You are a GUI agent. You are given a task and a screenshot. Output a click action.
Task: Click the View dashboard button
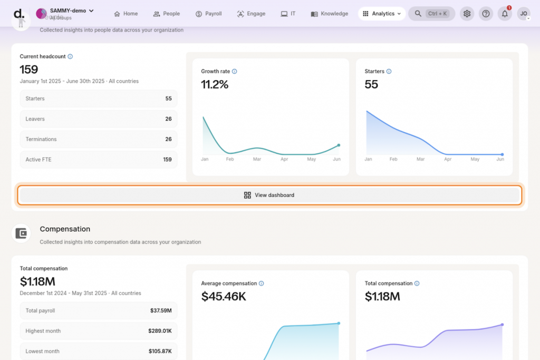coord(269,195)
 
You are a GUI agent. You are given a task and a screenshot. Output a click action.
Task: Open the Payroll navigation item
coord(208,14)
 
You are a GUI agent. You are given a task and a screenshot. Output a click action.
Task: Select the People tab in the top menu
coord(166,14)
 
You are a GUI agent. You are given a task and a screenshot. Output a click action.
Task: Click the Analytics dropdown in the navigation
coord(382,14)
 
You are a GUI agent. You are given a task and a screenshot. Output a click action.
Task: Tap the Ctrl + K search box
coord(431,14)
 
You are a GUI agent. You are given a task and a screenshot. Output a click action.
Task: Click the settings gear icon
coord(467,14)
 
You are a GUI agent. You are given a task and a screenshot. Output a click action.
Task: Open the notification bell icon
coord(505,14)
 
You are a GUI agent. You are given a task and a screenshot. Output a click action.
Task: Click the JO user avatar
coord(524,14)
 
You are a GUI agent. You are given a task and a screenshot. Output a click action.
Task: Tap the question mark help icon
coord(486,14)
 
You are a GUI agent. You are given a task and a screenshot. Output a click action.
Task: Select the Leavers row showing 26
coord(99,119)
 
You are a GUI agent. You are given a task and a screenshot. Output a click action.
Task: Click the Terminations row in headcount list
coord(99,139)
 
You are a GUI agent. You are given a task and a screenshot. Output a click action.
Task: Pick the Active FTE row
coord(99,160)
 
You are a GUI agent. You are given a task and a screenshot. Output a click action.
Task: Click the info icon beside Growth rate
coord(235,71)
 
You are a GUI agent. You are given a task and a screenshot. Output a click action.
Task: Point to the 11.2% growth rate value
coord(215,84)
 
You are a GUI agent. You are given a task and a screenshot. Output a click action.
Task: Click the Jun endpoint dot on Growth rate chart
coord(339,145)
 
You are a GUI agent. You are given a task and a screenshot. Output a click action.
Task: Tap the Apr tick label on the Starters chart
coord(448,159)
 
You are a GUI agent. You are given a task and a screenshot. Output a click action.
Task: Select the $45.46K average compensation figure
coord(224,297)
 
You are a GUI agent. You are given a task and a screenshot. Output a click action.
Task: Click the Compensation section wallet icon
coord(21,233)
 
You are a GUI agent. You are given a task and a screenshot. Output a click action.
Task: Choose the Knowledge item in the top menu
coord(330,14)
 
